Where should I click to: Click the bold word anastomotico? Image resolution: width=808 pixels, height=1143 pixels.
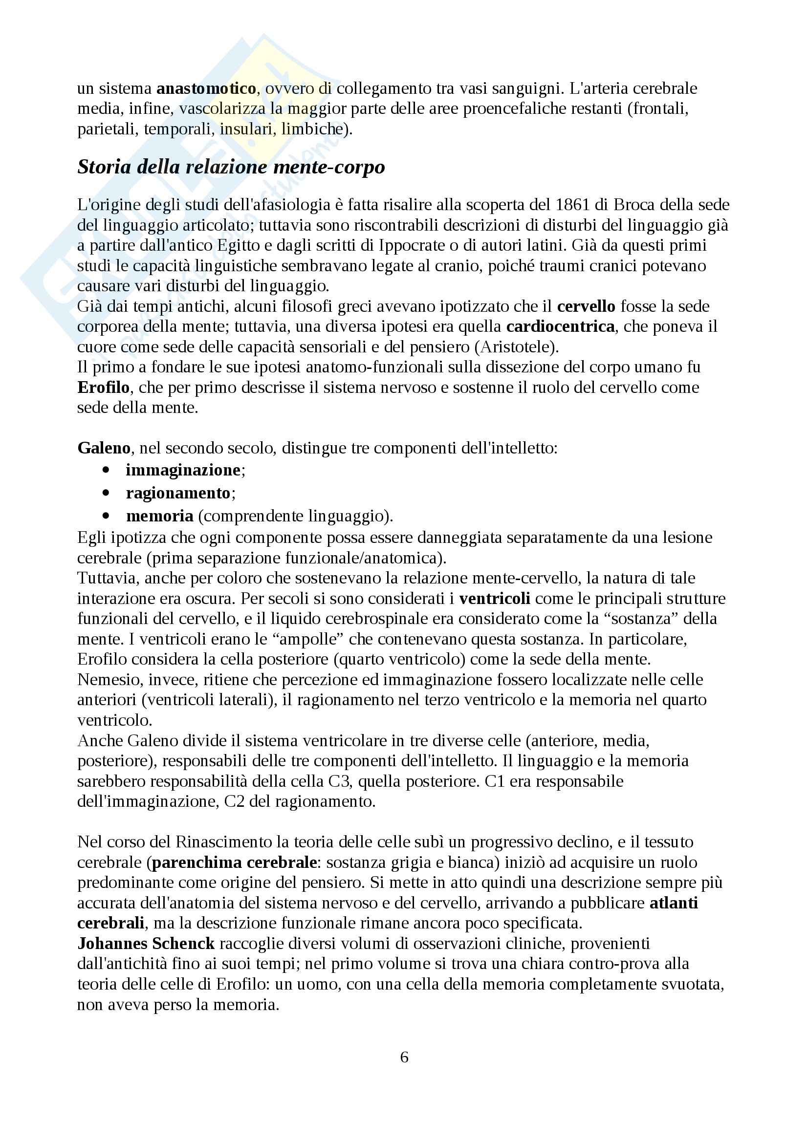click(206, 88)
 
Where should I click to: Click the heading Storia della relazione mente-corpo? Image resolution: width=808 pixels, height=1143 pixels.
click(231, 167)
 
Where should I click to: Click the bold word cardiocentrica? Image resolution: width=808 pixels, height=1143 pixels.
click(560, 326)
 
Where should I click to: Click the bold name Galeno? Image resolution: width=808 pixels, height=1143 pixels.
click(104, 448)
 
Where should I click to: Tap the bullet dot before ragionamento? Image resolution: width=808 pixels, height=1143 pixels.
click(106, 493)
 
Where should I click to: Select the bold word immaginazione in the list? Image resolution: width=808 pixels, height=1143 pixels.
click(183, 470)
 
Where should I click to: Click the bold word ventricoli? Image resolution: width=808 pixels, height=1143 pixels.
click(494, 599)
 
